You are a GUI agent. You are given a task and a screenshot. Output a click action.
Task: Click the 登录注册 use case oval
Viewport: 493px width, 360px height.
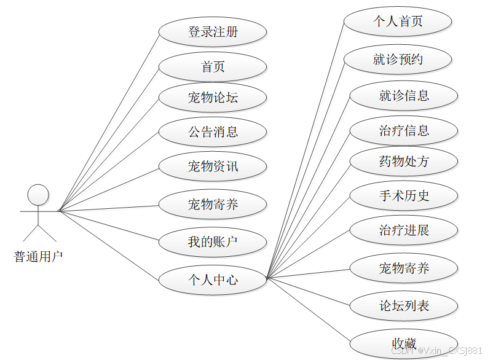point(213,32)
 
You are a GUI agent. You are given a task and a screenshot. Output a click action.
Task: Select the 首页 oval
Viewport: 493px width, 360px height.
point(213,66)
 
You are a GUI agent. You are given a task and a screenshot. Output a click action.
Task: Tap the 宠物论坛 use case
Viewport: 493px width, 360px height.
point(213,98)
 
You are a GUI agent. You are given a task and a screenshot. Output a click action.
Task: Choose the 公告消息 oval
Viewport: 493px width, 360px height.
point(213,131)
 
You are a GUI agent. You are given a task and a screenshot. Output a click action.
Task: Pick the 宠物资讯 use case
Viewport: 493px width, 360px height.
point(213,166)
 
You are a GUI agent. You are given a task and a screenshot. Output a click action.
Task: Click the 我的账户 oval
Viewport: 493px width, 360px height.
point(213,242)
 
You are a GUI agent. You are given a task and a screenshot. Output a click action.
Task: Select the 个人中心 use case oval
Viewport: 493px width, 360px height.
point(213,280)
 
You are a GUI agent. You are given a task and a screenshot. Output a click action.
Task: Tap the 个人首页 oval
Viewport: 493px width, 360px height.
point(398,22)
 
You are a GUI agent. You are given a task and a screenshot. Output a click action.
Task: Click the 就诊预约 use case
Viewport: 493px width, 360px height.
point(398,60)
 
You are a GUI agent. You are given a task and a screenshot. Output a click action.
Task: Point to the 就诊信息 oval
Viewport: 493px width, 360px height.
point(404,95)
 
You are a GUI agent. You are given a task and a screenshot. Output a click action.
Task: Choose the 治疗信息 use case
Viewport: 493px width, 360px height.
point(404,130)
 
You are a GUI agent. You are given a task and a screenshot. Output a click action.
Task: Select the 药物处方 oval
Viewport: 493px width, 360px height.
point(404,162)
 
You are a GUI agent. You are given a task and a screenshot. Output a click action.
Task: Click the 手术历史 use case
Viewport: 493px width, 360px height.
point(404,196)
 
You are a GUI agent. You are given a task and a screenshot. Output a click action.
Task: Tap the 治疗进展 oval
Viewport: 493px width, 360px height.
point(404,230)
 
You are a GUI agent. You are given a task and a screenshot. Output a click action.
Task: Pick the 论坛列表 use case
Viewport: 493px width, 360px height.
point(404,305)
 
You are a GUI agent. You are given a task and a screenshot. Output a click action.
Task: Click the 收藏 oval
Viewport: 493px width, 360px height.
point(404,343)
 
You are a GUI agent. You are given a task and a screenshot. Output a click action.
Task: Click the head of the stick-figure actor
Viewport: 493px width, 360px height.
point(38,194)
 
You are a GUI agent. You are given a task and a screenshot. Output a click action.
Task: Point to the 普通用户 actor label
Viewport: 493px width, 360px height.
point(38,256)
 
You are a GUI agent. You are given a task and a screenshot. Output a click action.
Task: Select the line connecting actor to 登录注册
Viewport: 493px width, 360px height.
point(109,122)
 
